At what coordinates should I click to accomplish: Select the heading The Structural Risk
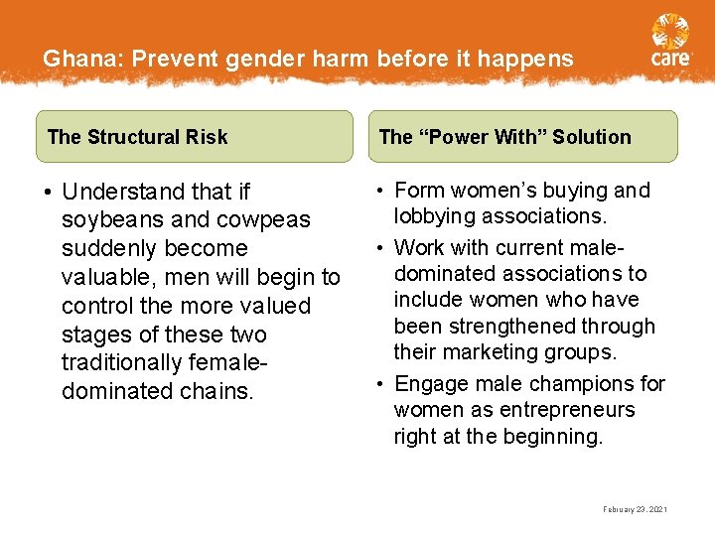138,137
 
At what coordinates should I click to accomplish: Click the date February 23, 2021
635,509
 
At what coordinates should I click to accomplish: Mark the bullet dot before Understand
48,192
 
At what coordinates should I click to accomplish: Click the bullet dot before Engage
380,384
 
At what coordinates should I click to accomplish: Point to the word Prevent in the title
176,59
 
